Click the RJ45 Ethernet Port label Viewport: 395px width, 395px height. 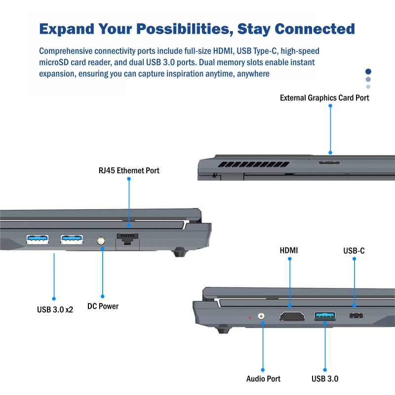[x=129, y=171]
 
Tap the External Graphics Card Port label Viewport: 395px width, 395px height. [x=324, y=98]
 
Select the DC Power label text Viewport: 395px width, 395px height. [x=103, y=306]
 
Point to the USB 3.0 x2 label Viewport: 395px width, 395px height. [x=55, y=310]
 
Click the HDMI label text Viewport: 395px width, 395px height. [x=289, y=250]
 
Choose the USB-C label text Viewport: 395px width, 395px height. [x=354, y=251]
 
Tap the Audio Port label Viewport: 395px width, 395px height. [x=263, y=379]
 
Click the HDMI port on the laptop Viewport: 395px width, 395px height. [x=292, y=316]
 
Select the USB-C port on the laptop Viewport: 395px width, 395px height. [x=355, y=316]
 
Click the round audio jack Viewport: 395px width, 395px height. [x=262, y=316]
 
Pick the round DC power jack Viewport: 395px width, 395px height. [x=102, y=241]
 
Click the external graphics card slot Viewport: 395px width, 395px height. [x=329, y=162]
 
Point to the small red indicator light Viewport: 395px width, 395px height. [x=250, y=317]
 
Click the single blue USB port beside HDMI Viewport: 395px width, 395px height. [x=325, y=315]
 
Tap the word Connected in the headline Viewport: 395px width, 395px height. [x=315, y=29]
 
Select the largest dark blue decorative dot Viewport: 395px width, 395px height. [x=368, y=72]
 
